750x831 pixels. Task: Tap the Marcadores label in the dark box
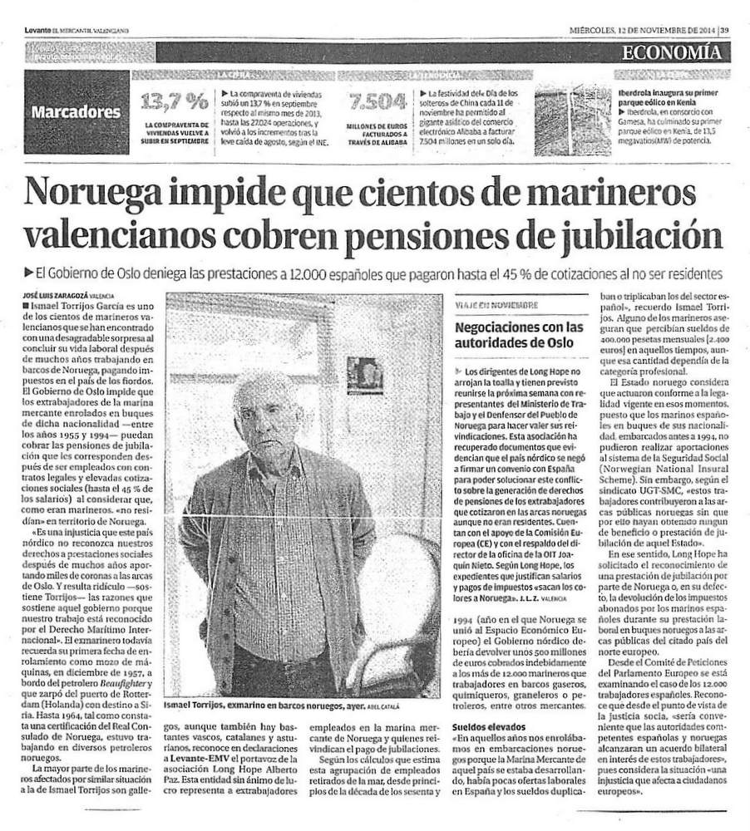[x=76, y=111]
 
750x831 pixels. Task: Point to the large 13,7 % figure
[x=175, y=102]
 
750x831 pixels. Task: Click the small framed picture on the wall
[x=365, y=375]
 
